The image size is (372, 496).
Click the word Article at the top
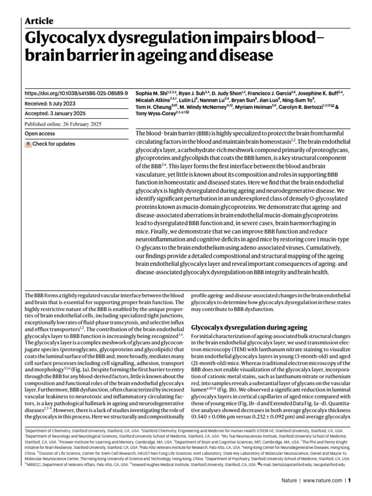[39, 21]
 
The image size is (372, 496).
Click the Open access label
[39, 133]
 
